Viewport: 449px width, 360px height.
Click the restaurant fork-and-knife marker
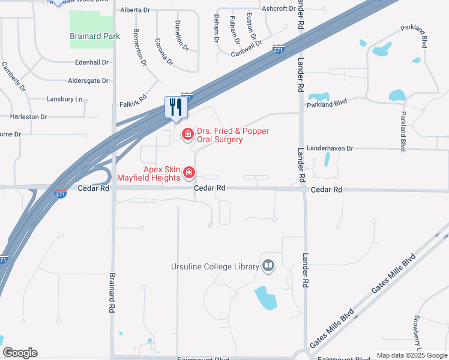(x=176, y=107)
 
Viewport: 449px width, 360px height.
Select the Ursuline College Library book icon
(x=268, y=266)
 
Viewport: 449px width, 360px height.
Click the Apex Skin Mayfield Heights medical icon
(x=189, y=173)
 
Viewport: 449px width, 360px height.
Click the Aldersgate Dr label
(x=88, y=80)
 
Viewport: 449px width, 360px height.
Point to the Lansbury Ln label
(x=64, y=98)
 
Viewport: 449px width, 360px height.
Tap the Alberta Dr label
(x=135, y=10)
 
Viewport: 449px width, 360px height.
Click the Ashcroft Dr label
(x=279, y=8)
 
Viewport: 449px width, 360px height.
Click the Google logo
(x=20, y=353)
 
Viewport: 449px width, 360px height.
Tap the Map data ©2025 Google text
(x=411, y=355)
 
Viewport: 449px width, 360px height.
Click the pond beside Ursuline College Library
(x=265, y=298)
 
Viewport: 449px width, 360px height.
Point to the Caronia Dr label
(x=163, y=52)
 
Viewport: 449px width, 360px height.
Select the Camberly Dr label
(x=14, y=76)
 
